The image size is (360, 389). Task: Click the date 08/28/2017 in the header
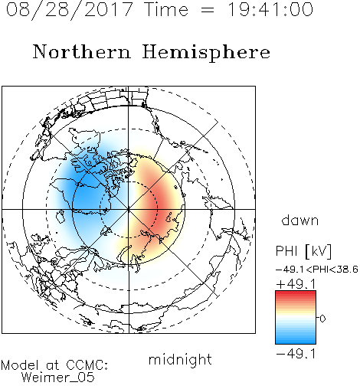[x=69, y=10]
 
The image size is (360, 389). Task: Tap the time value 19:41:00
[x=270, y=10]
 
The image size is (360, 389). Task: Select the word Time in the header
[x=166, y=10]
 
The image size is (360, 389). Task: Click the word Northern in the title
[x=82, y=51]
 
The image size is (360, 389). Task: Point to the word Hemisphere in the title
[x=206, y=53]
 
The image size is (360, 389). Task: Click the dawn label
[x=300, y=220]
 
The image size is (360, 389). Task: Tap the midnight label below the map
[x=180, y=359]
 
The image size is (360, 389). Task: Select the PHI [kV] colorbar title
[x=303, y=251]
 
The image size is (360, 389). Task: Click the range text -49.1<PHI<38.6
[x=317, y=270]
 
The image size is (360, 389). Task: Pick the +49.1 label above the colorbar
[x=296, y=284]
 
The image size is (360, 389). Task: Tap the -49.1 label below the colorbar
[x=296, y=354]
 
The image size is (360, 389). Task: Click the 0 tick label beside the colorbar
[x=322, y=319]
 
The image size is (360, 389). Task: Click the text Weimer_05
[x=58, y=378]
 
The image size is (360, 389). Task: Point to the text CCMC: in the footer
[x=87, y=365]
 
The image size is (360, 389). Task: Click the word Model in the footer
[x=20, y=365]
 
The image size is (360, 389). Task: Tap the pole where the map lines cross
[x=129, y=210]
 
